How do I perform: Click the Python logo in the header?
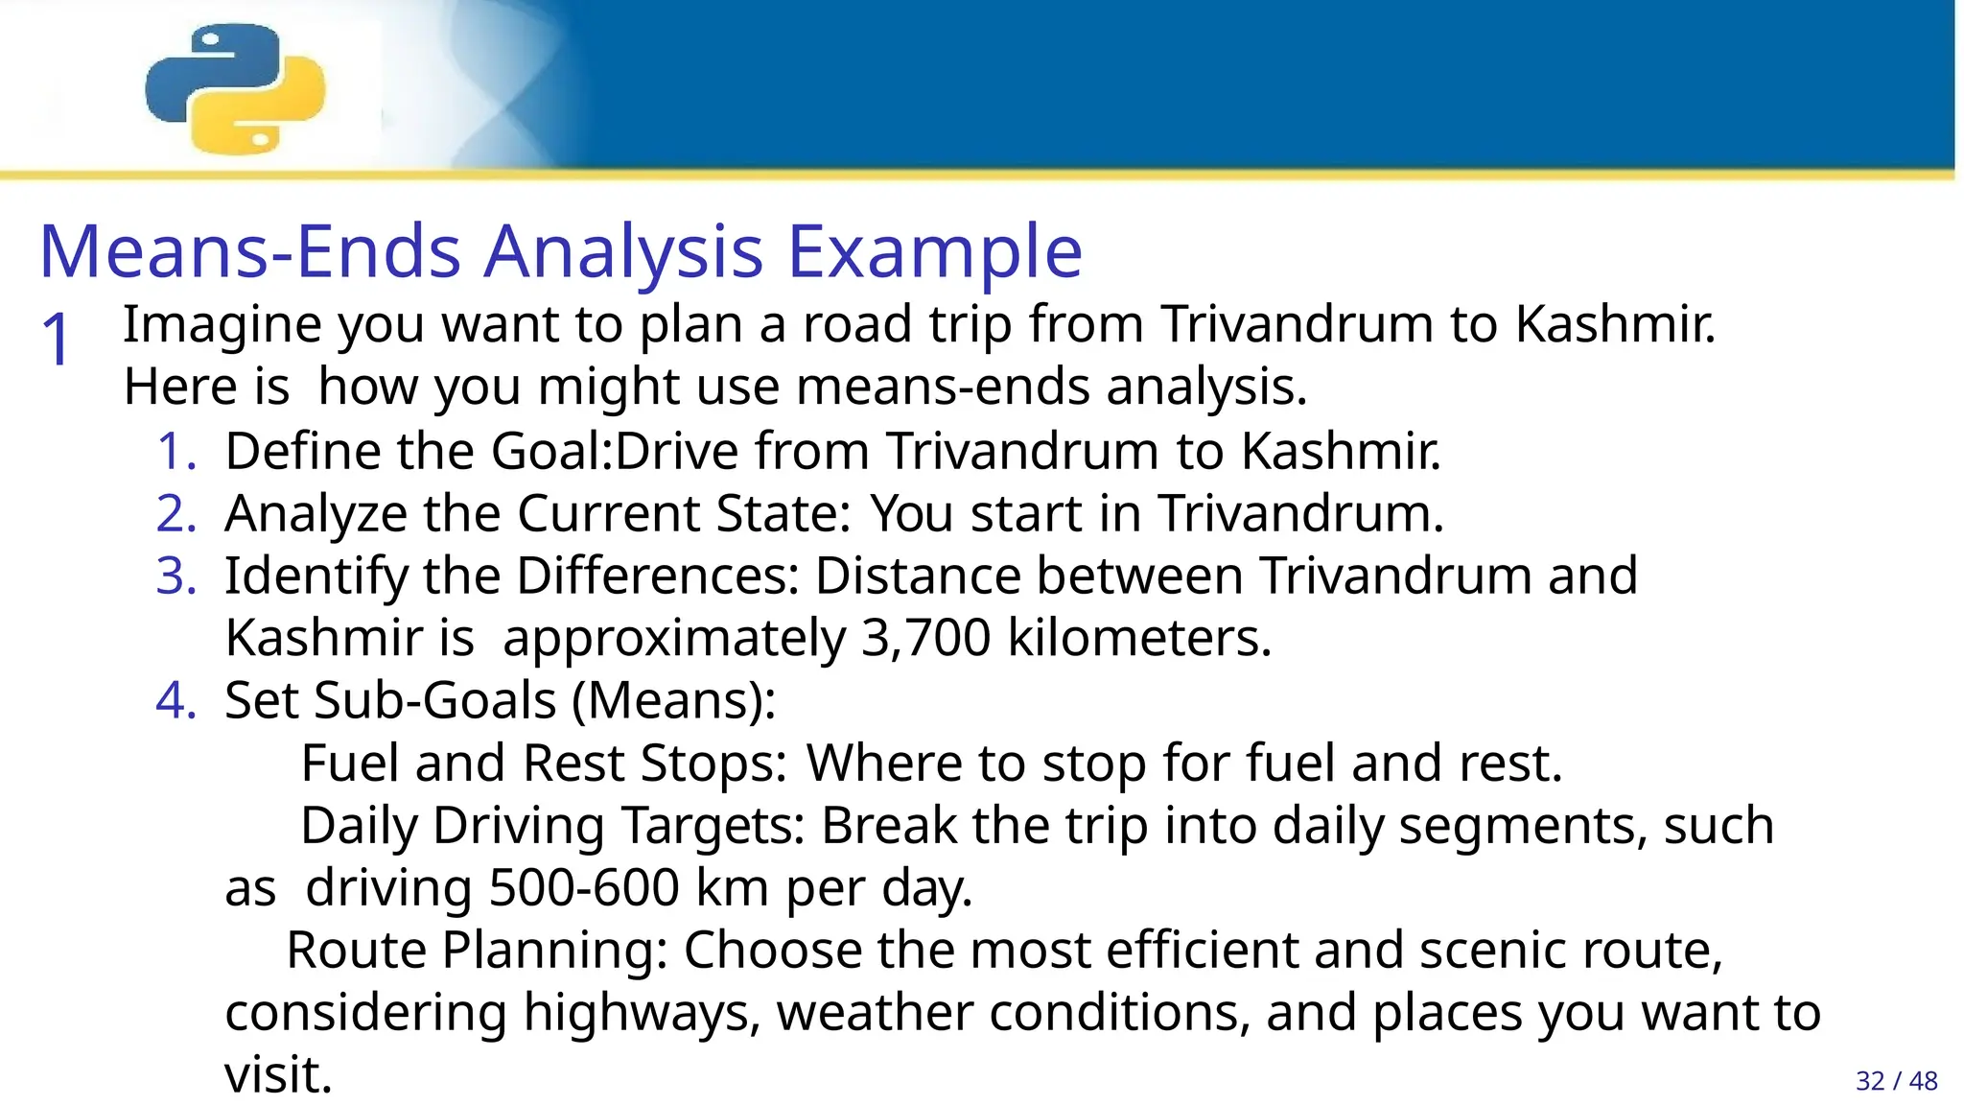[235, 88]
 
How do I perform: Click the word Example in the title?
[935, 251]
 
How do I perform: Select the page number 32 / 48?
[1896, 1081]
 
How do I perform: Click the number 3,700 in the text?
[925, 638]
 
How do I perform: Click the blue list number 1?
[175, 451]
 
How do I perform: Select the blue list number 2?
[175, 513]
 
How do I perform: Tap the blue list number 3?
[175, 576]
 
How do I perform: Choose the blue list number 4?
[175, 700]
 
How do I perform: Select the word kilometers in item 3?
[1139, 638]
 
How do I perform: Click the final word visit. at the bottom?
[278, 1074]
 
